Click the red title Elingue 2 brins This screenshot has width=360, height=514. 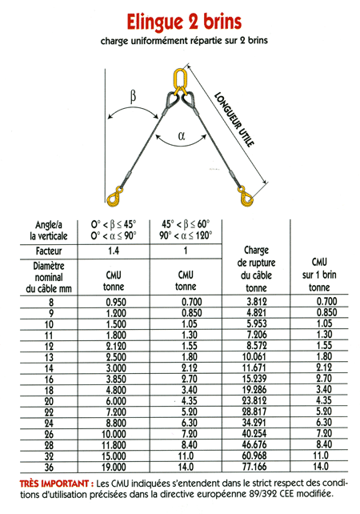click(184, 22)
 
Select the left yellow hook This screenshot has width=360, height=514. click(114, 196)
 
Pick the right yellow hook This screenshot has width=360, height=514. click(246, 196)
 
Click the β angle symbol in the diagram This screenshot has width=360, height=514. click(133, 97)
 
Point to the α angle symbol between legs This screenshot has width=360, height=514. click(182, 135)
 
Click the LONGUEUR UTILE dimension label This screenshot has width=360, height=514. click(234, 119)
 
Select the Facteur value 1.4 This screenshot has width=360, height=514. click(114, 251)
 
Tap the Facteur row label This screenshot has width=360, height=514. click(49, 251)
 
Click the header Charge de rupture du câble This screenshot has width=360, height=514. click(256, 269)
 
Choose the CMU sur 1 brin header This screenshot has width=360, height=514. click(319, 275)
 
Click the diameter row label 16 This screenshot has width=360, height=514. click(49, 379)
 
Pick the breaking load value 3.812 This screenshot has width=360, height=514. click(257, 302)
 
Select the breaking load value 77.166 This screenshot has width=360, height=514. click(254, 467)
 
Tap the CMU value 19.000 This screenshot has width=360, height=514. click(114, 467)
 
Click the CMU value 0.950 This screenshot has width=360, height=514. click(116, 302)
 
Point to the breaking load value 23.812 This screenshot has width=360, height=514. click(254, 400)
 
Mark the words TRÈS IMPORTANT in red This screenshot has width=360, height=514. click(54, 484)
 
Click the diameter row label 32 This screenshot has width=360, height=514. click(49, 456)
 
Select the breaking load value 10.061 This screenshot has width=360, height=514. click(254, 356)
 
